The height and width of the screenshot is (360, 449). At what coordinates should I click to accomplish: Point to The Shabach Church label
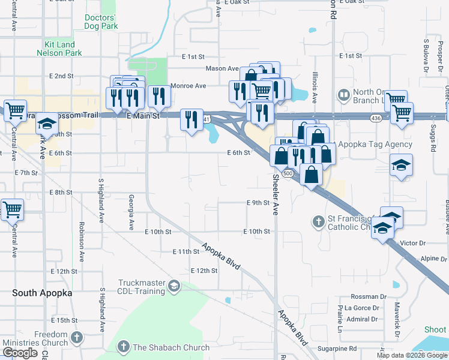[x=171, y=347]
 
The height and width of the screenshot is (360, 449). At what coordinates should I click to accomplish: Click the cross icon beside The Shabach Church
[x=123, y=346]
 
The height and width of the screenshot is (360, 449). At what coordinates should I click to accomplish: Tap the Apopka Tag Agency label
[x=375, y=145]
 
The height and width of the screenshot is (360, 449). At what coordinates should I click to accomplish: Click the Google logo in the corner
[x=20, y=353]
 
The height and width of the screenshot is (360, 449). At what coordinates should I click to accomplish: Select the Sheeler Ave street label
[x=276, y=194]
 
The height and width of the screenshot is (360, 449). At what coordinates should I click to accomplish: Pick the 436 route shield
[x=375, y=118]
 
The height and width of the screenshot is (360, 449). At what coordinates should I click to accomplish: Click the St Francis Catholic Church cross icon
[x=319, y=222]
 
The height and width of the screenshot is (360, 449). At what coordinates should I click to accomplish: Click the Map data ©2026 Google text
[x=412, y=355]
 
